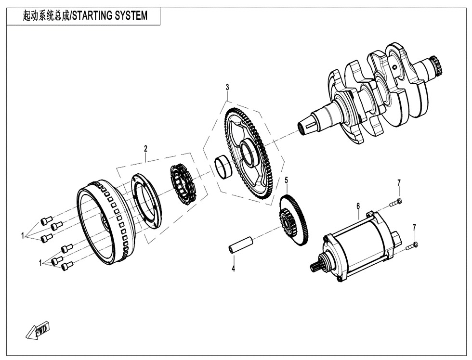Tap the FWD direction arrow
click(x=38, y=331)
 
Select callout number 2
click(x=145, y=149)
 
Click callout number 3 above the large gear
click(x=227, y=88)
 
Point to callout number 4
click(x=233, y=269)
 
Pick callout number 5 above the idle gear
click(x=286, y=180)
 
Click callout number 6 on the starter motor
click(x=358, y=206)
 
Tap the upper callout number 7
click(x=399, y=182)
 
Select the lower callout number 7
click(x=414, y=227)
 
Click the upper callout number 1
click(x=22, y=236)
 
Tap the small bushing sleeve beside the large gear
click(x=223, y=167)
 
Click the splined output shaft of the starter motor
click(x=318, y=264)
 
